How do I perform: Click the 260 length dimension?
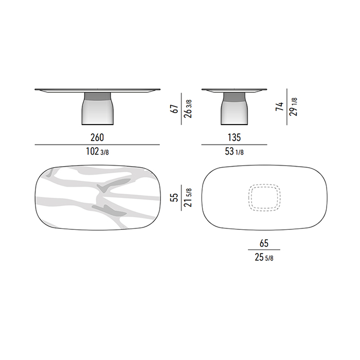[97, 137]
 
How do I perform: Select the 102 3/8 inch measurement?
[97, 152]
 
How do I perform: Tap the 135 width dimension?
[234, 137]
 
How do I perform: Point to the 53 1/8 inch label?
[234, 152]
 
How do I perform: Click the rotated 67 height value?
[175, 109]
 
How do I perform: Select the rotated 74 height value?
[280, 107]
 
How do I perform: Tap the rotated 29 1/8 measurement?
[294, 107]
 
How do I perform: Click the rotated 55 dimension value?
[175, 197]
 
